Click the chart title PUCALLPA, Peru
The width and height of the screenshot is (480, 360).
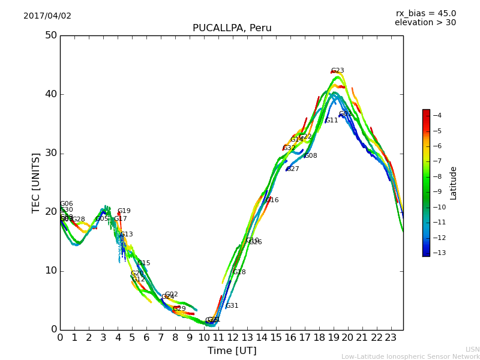coord(232,28)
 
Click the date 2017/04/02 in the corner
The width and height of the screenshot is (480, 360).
coord(47,16)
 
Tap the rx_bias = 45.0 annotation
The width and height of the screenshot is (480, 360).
coord(425,13)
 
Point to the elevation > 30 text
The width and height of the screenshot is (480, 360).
coord(425,23)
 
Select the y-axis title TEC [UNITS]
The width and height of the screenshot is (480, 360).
coord(36,182)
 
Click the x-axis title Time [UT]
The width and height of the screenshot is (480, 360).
coord(232,351)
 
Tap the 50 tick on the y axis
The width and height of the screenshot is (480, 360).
coord(50,35)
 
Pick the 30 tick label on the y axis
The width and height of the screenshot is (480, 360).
coord(50,153)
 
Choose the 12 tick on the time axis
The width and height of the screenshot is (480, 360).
coord(233,338)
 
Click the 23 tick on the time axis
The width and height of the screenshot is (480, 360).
coord(391,338)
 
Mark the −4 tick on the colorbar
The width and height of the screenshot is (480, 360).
coord(437,115)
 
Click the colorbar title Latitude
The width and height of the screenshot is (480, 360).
coord(454,182)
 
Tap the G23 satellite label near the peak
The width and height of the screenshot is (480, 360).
coord(337,71)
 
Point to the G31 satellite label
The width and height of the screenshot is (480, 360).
coord(232,306)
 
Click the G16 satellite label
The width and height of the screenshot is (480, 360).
coord(272,200)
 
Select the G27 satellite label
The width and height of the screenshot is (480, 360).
coord(292,169)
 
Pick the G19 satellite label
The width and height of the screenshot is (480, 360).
coord(124,211)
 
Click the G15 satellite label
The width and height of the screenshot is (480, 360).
coord(143,263)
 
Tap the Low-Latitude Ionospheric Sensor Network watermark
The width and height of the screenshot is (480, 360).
coord(410,356)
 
